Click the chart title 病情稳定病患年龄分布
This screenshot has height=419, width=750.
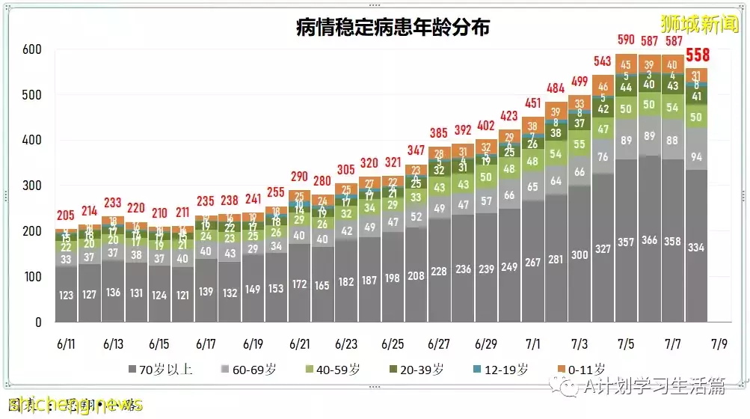392,28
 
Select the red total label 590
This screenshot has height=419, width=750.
626,40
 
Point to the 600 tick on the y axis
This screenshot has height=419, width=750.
31,50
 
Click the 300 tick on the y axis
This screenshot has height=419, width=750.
31,186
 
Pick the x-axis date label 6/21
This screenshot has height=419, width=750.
299,345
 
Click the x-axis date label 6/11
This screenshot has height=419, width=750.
66,345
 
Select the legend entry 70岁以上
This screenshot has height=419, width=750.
160,369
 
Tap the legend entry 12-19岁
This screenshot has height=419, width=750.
502,369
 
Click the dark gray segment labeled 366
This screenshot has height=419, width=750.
649,240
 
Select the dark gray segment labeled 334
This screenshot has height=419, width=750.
696,248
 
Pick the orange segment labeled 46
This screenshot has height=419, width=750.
603,88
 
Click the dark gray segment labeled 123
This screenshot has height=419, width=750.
66,296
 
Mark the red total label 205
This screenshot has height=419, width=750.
66,215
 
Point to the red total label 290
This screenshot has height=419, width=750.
299,177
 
